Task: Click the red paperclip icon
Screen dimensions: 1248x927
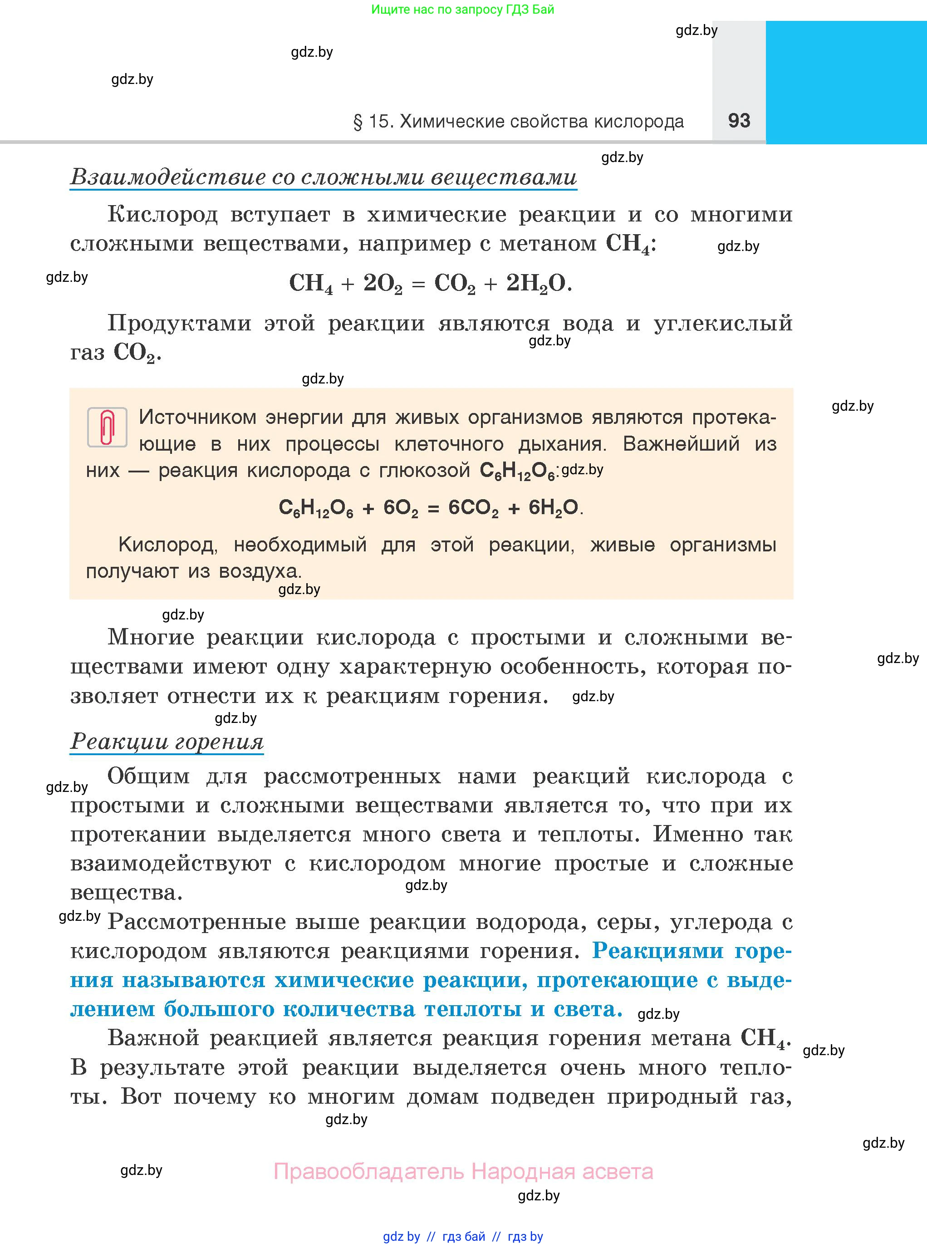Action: click(x=107, y=427)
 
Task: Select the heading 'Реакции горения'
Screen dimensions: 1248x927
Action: click(x=167, y=742)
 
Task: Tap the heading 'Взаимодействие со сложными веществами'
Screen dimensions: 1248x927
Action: click(x=323, y=177)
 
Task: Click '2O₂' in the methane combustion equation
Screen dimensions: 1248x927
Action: click(x=382, y=283)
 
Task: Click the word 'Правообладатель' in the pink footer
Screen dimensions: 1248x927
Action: click(x=369, y=1172)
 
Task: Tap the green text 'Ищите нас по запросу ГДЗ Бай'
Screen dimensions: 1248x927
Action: click(x=462, y=10)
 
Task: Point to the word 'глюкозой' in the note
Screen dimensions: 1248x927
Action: click(x=424, y=470)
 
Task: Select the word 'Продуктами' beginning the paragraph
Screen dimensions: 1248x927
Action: click(x=179, y=324)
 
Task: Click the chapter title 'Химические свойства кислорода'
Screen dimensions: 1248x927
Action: click(x=541, y=122)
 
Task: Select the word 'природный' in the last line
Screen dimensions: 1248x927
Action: click(x=672, y=1096)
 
